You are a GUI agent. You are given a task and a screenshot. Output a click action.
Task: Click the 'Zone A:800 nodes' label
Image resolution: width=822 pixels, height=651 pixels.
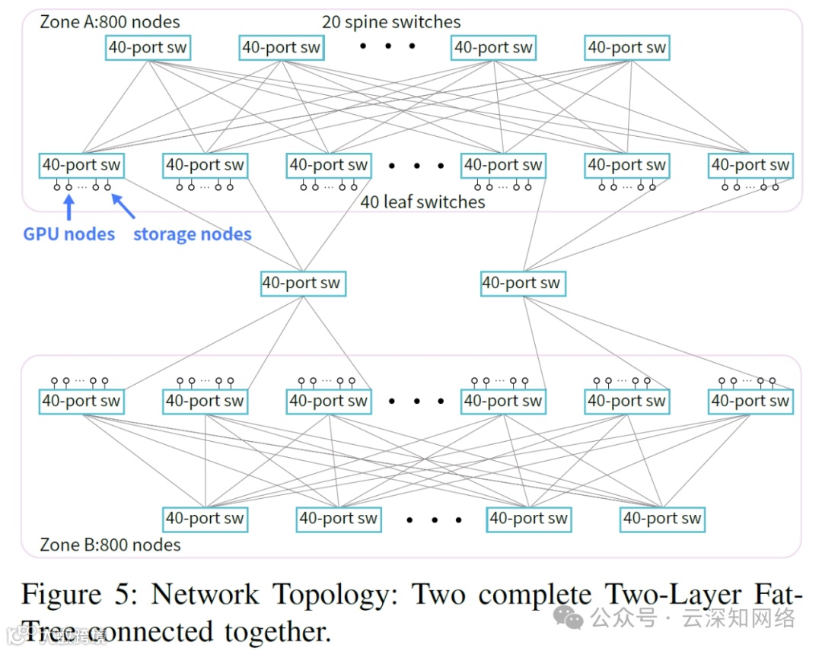point(110,22)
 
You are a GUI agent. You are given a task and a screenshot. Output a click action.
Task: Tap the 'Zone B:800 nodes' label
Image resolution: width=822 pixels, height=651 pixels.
point(110,545)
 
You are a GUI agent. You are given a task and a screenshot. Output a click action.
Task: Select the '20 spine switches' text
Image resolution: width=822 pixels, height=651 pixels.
point(391,22)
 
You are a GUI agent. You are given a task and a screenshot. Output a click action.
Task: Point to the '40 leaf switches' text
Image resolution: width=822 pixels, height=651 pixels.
point(422,202)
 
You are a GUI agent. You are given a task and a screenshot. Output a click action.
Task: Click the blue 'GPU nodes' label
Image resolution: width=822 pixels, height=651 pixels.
point(69,234)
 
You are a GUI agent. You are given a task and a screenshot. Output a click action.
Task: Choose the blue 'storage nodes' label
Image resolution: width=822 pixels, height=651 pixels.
point(193,234)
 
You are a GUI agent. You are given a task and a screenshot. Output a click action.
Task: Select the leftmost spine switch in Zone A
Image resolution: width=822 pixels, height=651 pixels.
point(147,48)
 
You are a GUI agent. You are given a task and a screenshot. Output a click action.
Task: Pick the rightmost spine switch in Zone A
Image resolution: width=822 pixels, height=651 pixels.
point(627,48)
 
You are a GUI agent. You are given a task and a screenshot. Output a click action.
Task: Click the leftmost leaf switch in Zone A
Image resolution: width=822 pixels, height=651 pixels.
point(81,165)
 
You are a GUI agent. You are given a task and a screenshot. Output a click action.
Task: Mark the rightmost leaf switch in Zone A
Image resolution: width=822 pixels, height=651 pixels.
point(750,165)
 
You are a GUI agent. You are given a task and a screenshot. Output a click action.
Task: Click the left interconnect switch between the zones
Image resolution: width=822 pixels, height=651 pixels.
point(302,284)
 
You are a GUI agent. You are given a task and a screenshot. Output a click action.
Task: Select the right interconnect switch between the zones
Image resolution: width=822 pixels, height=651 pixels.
point(522,284)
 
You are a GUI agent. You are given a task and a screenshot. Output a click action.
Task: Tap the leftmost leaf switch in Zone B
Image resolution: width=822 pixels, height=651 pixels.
point(81,401)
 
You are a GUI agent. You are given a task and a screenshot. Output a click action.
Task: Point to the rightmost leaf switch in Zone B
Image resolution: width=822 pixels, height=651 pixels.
point(750,401)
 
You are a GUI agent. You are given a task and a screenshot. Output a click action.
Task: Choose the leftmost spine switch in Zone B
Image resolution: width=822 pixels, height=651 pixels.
point(205,519)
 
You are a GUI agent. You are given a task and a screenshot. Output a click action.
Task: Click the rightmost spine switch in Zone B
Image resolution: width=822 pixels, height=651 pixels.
point(662,519)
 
